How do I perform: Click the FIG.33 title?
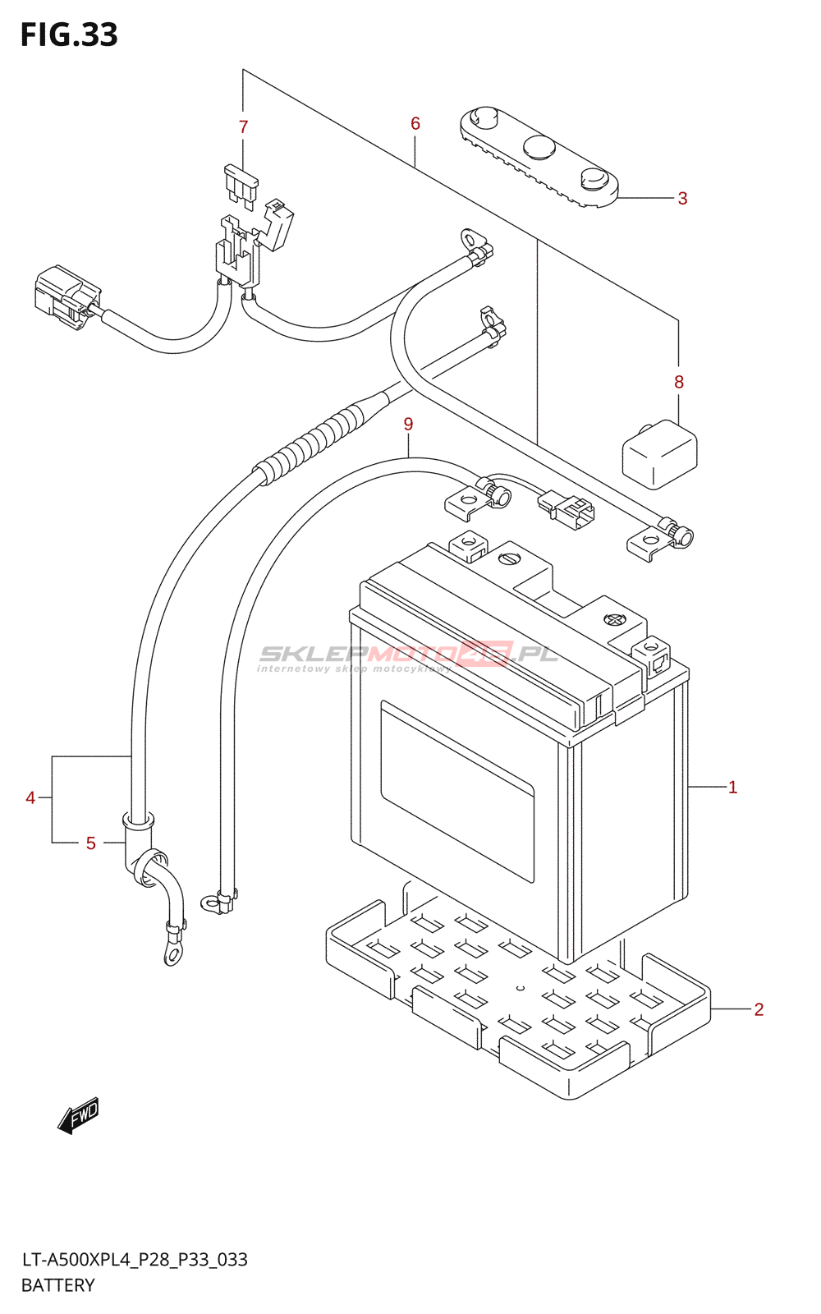69,34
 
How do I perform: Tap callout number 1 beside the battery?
732,788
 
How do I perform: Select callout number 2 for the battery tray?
759,1009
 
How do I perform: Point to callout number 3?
682,198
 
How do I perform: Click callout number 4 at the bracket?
30,797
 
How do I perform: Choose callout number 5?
90,843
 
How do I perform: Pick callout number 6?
415,123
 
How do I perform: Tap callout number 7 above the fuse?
243,126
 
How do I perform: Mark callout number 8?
678,382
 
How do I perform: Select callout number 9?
408,424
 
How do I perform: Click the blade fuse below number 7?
241,186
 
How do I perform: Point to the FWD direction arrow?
79,1114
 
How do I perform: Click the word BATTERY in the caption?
57,1285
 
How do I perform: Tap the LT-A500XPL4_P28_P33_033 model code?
135,1260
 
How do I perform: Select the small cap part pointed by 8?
660,454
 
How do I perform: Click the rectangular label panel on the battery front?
457,792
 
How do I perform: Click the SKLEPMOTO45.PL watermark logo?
408,657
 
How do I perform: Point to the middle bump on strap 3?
539,147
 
